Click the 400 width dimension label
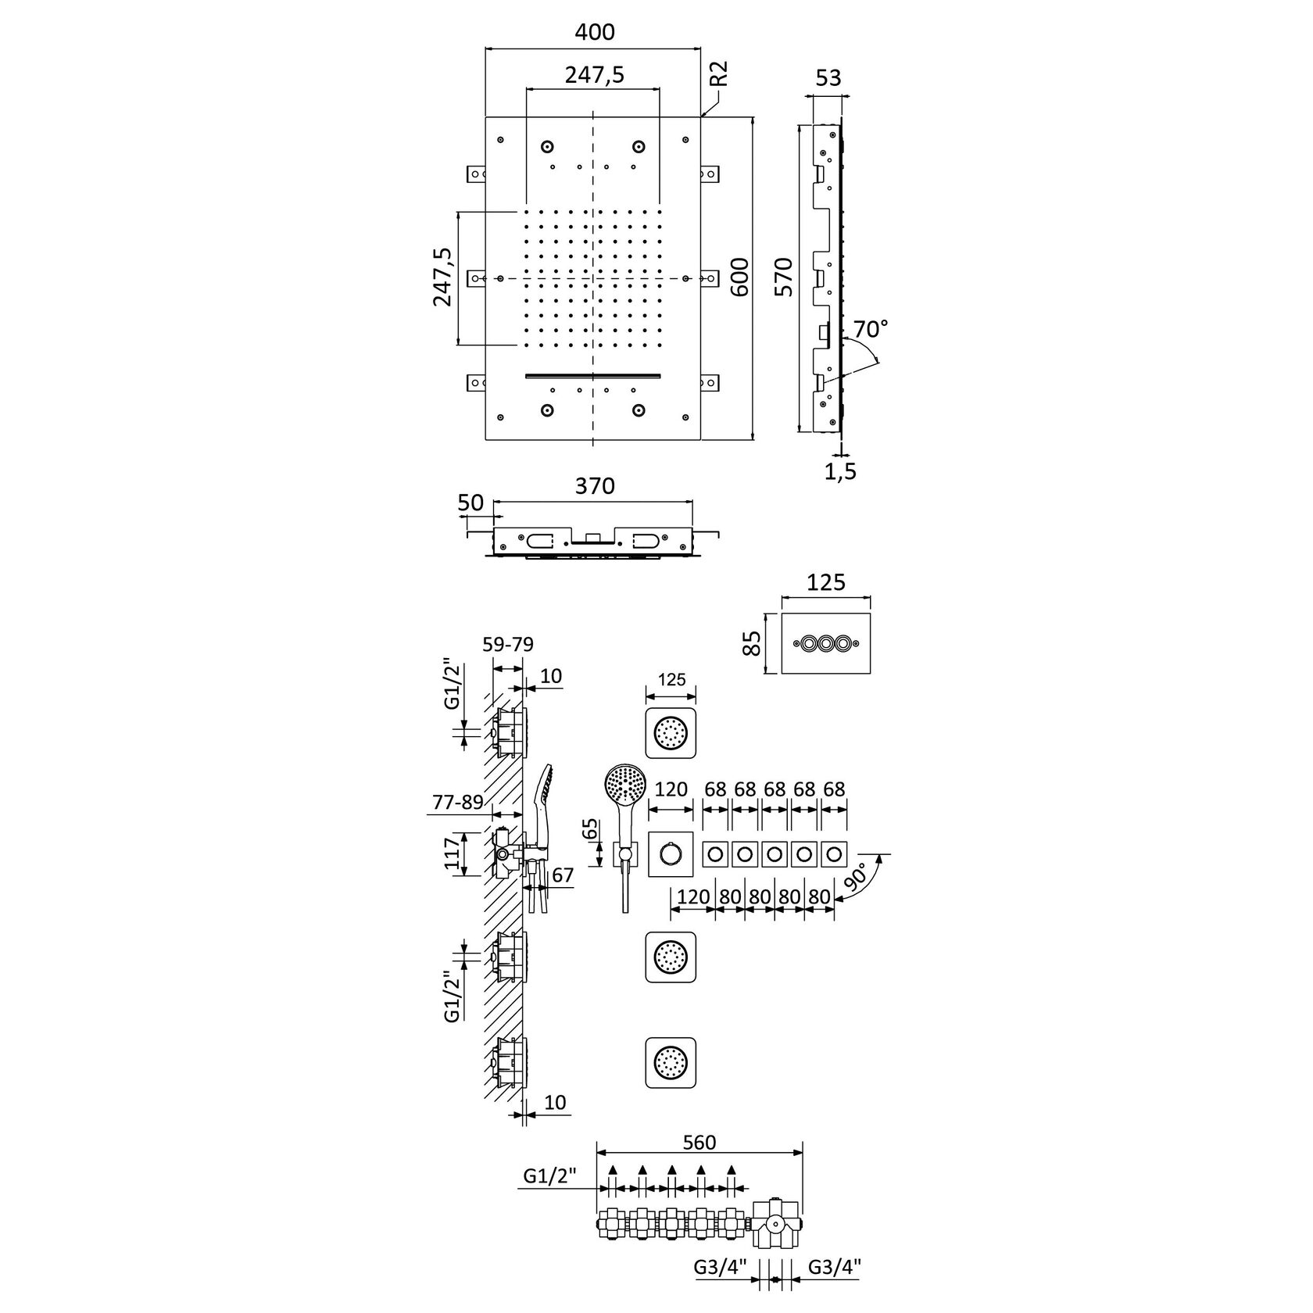click(595, 32)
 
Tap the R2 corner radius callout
click(719, 75)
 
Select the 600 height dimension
click(739, 277)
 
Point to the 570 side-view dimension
click(784, 277)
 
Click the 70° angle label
click(870, 328)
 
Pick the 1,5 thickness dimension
click(840, 470)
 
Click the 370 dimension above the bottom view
click(595, 486)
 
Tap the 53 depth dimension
click(828, 78)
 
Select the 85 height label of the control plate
click(752, 644)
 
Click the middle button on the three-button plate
click(826, 644)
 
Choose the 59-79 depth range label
click(508, 646)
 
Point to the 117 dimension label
click(449, 856)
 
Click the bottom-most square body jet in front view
click(671, 1062)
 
